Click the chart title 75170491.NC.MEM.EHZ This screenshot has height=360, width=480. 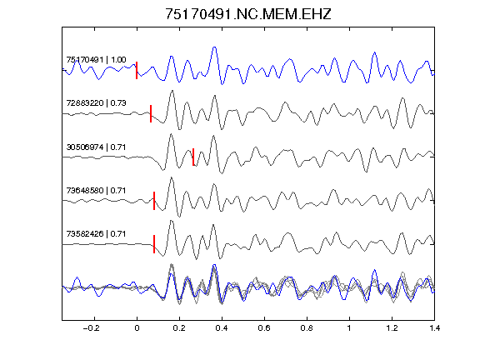pyautogui.click(x=248, y=14)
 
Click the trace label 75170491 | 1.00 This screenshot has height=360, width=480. pyautogui.click(x=96, y=59)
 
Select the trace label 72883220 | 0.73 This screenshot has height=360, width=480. pyautogui.click(x=96, y=102)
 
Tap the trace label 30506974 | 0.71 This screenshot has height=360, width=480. pyautogui.click(x=96, y=147)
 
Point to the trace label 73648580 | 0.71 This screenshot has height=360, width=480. pyautogui.click(x=96, y=190)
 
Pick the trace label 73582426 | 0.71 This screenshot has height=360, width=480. pyautogui.click(x=96, y=234)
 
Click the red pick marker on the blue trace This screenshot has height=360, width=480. pyautogui.click(x=137, y=70)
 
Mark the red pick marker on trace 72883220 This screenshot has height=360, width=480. pyautogui.click(x=151, y=113)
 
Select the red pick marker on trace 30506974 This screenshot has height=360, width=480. pyautogui.click(x=193, y=157)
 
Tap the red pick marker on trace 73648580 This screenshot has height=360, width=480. pyautogui.click(x=154, y=201)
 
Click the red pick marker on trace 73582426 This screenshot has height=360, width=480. pyautogui.click(x=154, y=244)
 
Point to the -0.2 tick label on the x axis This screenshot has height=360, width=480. pyautogui.click(x=92, y=328)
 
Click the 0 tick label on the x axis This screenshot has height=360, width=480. pyautogui.click(x=137, y=328)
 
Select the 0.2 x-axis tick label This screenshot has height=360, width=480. pyautogui.click(x=179, y=328)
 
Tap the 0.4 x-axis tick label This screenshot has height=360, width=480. pyautogui.click(x=222, y=328)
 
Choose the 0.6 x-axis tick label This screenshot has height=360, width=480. pyautogui.click(x=264, y=328)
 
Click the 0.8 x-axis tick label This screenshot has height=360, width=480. pyautogui.click(x=307, y=328)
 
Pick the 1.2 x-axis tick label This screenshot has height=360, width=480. pyautogui.click(x=392, y=328)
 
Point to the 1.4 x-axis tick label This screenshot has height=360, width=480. pyautogui.click(x=435, y=328)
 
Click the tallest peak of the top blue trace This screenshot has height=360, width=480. pyautogui.click(x=215, y=47)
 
